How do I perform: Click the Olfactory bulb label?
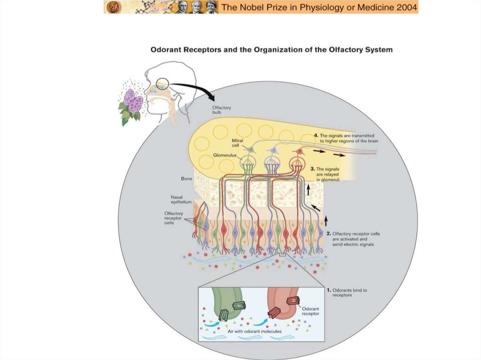222,111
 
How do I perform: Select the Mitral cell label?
237,143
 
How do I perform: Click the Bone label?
186,179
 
